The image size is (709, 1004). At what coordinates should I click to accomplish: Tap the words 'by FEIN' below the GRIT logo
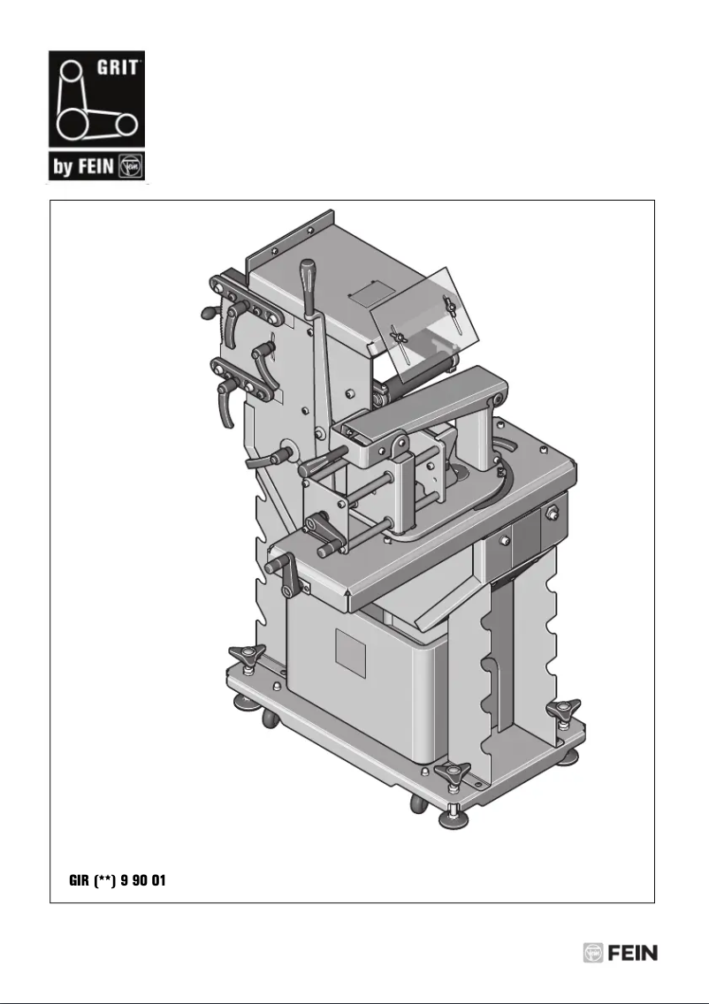click(84, 165)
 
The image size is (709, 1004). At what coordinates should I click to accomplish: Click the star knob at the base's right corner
click(563, 710)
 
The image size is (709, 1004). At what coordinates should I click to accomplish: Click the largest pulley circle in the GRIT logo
click(74, 122)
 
